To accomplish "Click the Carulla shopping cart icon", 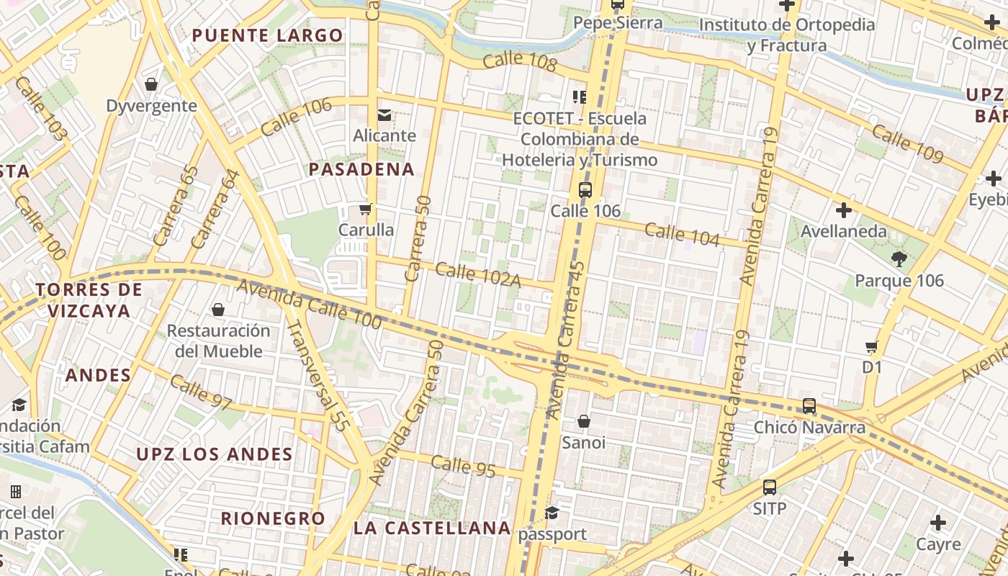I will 365,210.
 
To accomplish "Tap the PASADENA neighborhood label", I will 361,169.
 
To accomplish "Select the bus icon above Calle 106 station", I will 585,191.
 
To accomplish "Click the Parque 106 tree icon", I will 899,259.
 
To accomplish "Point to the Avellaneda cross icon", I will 843,210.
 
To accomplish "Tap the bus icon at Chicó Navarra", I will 809,406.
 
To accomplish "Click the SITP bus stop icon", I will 770,487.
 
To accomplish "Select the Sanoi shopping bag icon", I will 583,421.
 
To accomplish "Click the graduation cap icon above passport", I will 552,513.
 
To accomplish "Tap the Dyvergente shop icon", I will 151,85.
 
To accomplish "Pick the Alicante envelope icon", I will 384,114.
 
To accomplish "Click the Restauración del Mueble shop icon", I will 217,310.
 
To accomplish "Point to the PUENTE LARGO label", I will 267,35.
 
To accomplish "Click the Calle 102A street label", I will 477,275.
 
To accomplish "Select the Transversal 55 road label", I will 318,376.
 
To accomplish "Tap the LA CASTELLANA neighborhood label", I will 432,528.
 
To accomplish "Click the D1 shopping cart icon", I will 872,346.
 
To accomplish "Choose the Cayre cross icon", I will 937,523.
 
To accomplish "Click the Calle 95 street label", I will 464,466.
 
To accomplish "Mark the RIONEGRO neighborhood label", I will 273,518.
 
